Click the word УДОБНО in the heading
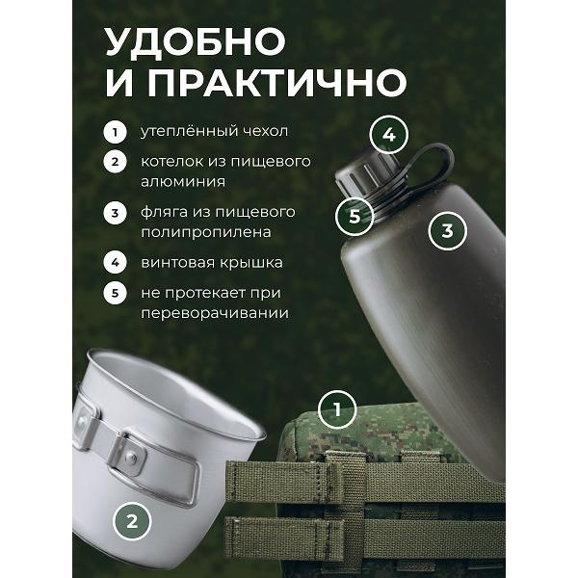(x=196, y=41)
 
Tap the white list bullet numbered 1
(x=115, y=132)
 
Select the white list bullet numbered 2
(x=115, y=162)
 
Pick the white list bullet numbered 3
(x=115, y=213)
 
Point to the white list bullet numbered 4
(x=115, y=263)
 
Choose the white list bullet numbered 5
(x=115, y=293)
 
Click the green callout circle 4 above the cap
(x=389, y=135)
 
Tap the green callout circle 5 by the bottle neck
(x=355, y=216)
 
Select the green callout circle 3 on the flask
(x=448, y=231)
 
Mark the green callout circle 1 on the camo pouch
(x=337, y=409)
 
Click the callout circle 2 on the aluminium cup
(x=132, y=521)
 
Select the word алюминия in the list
(x=183, y=182)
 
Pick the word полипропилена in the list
(x=206, y=232)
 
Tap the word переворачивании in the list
(x=215, y=314)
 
